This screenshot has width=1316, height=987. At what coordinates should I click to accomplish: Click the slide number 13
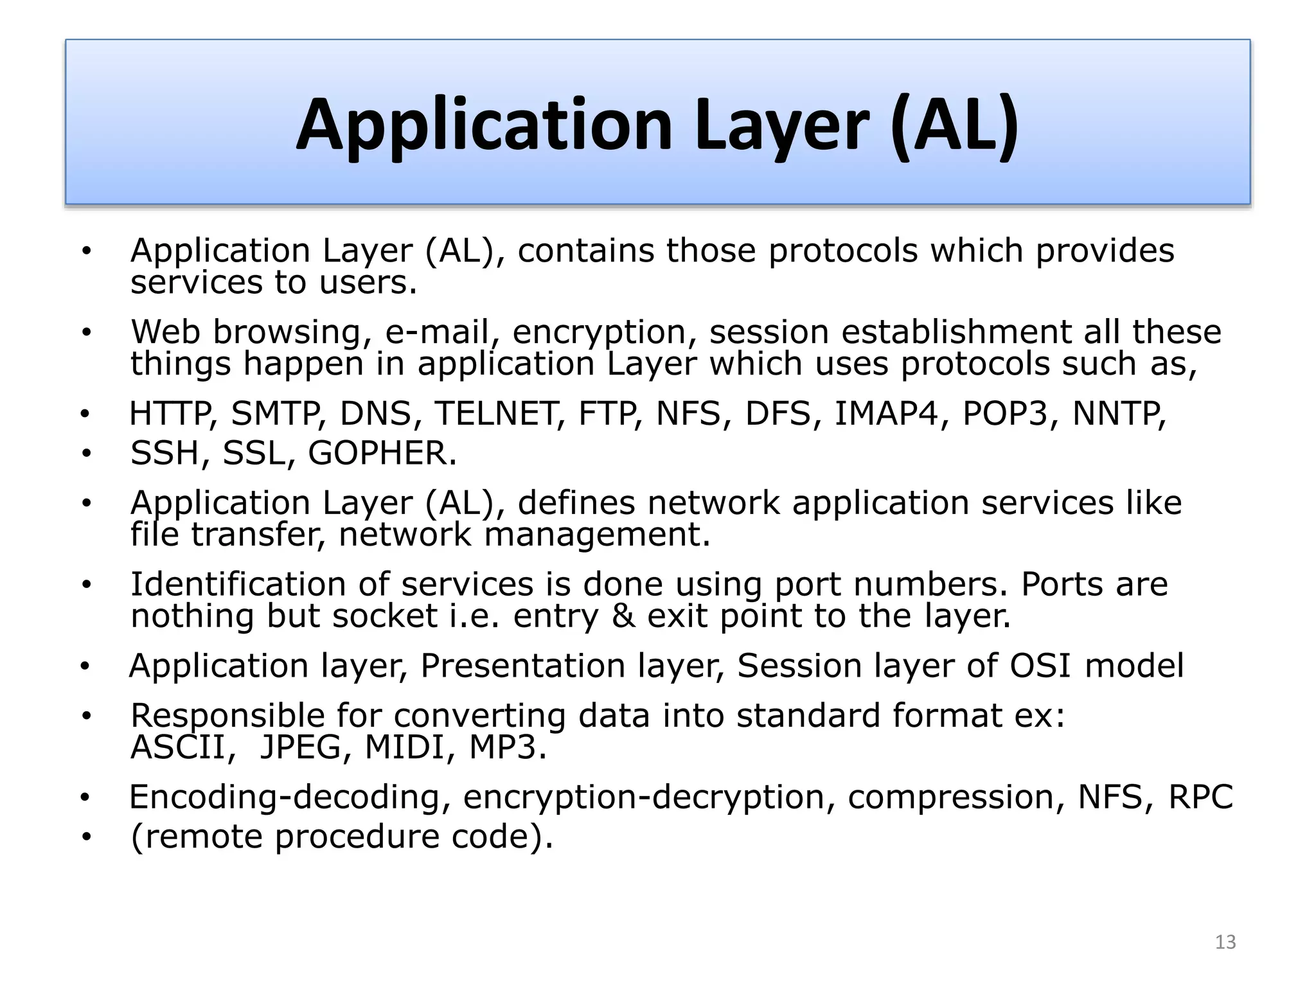(1225, 942)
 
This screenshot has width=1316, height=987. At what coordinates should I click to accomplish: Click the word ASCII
(178, 747)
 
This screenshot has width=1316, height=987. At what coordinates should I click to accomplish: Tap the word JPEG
(300, 747)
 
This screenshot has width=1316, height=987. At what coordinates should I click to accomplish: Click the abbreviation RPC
(1200, 797)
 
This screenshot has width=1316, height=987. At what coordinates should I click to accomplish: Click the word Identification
(238, 584)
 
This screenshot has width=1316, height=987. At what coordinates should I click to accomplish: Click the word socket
(385, 616)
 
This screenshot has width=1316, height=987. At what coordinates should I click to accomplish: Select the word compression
(950, 797)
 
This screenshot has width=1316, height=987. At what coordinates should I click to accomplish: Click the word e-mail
(437, 332)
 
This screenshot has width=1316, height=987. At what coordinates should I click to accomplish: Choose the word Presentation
(522, 666)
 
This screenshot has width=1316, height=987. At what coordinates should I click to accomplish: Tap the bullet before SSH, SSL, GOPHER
(87, 454)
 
